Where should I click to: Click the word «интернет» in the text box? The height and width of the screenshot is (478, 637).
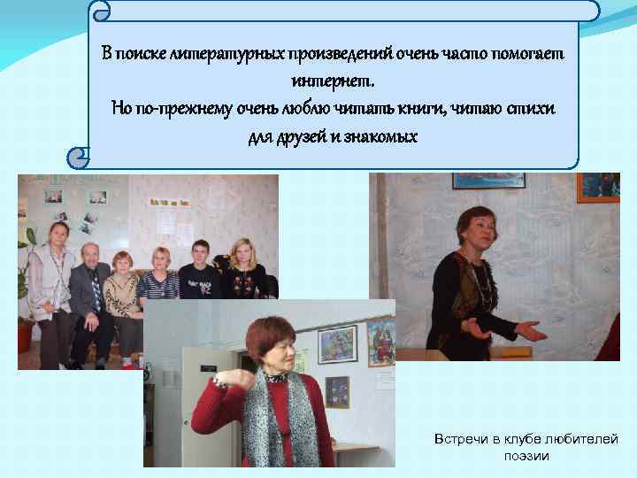[332, 81]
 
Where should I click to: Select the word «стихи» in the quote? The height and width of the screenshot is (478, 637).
[534, 109]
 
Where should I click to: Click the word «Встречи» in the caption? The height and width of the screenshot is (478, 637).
[462, 440]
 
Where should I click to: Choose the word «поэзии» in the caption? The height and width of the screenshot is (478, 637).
[526, 456]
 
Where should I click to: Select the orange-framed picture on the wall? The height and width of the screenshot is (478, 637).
[597, 187]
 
